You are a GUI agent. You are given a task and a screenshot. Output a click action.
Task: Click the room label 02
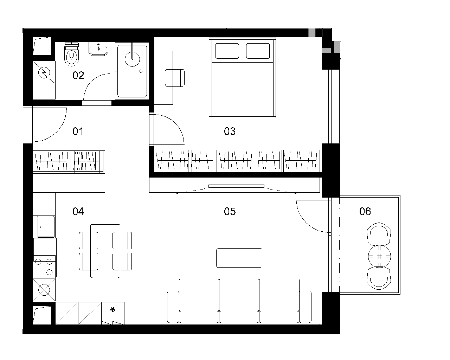[x=78, y=75]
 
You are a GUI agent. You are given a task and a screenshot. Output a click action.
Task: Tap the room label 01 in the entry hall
[x=78, y=131]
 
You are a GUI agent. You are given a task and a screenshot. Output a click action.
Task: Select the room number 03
[x=230, y=131]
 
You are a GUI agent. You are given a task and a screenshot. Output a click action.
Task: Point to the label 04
[x=78, y=212]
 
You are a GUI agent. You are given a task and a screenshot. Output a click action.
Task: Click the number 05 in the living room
[x=230, y=212]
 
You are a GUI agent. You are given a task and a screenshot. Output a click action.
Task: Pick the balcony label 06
[x=365, y=212]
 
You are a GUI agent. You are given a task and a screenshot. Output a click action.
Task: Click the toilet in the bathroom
[x=72, y=54]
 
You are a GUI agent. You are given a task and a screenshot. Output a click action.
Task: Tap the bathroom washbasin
[x=98, y=49]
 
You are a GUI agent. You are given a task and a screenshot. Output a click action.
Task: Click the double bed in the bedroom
[x=242, y=78]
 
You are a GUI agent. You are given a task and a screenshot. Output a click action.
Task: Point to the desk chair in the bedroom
[x=175, y=78]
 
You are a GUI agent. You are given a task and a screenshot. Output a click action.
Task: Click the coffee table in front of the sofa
[x=239, y=258]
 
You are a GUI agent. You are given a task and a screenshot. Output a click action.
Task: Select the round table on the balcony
[x=379, y=256]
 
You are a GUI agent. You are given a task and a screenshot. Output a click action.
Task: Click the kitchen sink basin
[x=46, y=227]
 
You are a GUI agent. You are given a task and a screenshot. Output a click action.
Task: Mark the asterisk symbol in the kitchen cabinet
[x=113, y=310]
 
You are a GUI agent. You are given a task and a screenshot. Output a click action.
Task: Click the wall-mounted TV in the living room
[x=236, y=186]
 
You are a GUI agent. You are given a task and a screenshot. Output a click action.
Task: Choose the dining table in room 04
[x=105, y=251]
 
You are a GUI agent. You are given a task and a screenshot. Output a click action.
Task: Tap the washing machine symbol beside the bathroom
[x=44, y=72]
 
